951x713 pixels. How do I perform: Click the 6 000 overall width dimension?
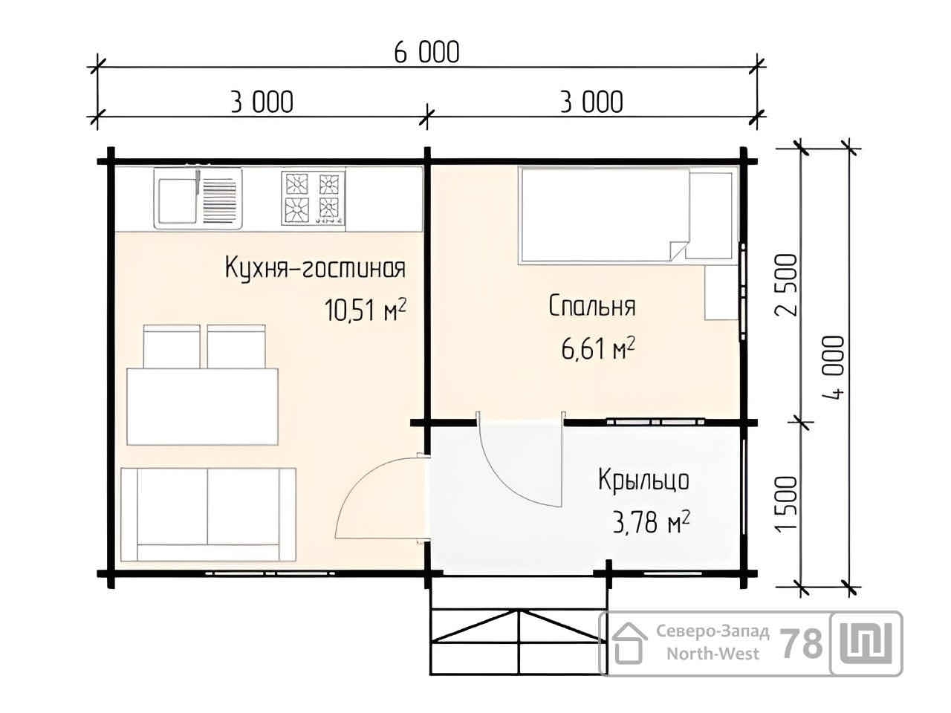426,53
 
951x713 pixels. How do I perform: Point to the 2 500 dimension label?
786,285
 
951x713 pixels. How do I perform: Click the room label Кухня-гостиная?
315,267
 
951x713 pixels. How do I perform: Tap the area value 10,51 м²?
366,310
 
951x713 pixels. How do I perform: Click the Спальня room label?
592,306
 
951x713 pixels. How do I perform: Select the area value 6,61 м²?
598,348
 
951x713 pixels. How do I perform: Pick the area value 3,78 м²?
651,523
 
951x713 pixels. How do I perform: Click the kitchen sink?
198,198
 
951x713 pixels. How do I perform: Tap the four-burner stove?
313,198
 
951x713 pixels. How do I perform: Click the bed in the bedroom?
629,215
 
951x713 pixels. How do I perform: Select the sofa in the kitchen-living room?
208,514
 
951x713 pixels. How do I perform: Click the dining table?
202,406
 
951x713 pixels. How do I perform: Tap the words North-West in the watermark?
713,654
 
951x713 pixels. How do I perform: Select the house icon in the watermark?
629,644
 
